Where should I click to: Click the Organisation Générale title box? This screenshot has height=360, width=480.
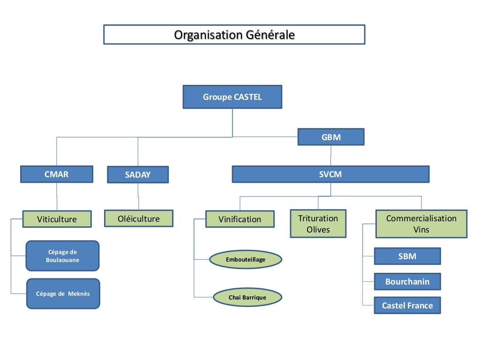point(234,35)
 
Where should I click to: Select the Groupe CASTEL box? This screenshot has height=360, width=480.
point(232,97)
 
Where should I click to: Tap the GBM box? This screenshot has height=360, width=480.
point(331,137)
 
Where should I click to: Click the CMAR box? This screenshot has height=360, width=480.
point(56,174)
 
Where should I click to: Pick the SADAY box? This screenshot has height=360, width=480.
point(138,175)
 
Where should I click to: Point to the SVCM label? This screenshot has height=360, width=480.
point(330,174)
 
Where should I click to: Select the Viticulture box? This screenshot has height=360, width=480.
point(57,219)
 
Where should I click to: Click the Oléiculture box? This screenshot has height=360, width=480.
point(138,218)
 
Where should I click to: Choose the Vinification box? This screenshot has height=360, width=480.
point(240,219)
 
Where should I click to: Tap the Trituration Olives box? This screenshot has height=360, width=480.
point(318,224)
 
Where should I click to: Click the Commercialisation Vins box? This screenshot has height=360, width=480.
point(421,224)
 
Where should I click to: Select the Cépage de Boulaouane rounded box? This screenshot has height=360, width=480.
point(62,256)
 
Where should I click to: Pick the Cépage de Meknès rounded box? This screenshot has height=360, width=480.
point(63,294)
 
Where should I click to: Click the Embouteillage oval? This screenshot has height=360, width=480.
point(245,260)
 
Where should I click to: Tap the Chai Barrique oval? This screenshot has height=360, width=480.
point(247,297)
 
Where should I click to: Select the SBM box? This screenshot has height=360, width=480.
point(407,256)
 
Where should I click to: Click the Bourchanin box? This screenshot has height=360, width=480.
point(407,282)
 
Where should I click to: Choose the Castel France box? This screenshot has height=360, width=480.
point(407,306)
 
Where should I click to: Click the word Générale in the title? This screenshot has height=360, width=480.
point(272,35)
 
